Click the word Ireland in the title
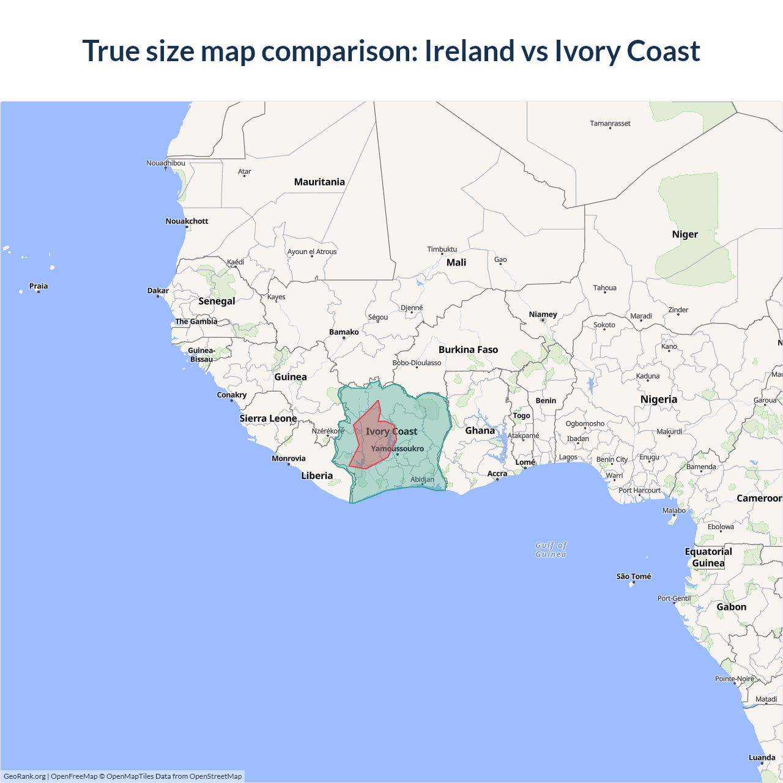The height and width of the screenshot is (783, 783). [x=469, y=51]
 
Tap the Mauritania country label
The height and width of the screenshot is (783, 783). [x=319, y=182]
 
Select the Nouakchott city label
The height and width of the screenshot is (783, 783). [x=187, y=221]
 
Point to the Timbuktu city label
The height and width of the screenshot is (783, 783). [x=442, y=249]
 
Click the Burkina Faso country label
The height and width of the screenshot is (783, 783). [x=468, y=349]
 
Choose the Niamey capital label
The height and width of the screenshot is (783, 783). [x=543, y=314]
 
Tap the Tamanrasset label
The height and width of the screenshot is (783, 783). [x=610, y=123]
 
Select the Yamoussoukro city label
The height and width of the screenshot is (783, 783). [x=397, y=448]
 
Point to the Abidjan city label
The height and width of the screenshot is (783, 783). [x=422, y=479]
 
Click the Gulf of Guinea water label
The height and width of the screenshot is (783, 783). [x=551, y=549]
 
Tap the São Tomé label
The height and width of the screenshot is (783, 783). [x=633, y=576]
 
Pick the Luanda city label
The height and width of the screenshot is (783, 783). [x=762, y=757]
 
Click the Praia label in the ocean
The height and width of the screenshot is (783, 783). [x=39, y=286]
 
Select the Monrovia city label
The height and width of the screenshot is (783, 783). [x=288, y=458]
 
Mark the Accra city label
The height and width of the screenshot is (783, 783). [x=497, y=473]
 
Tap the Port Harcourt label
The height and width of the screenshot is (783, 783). [x=639, y=490]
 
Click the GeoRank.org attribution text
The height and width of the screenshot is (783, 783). [x=24, y=776]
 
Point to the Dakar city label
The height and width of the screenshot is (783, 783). [x=158, y=291]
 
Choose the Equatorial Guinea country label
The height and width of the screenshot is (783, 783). [x=708, y=557]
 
